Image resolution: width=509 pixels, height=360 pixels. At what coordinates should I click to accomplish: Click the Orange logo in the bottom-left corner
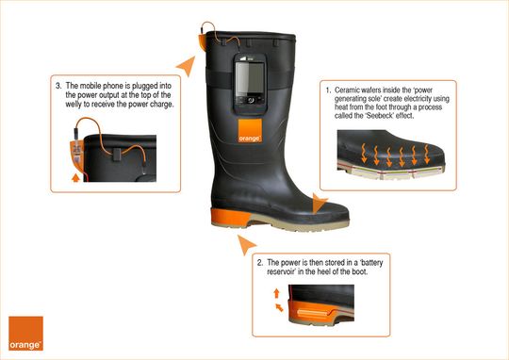[25, 334]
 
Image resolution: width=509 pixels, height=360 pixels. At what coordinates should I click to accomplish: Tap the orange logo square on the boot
[250, 130]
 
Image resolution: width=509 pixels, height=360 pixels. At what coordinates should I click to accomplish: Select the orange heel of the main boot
[230, 217]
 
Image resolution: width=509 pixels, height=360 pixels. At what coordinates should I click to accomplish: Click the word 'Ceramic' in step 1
[347, 90]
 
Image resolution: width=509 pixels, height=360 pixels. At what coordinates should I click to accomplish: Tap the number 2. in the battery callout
[260, 262]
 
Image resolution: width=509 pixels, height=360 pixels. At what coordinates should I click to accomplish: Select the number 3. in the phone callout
[58, 86]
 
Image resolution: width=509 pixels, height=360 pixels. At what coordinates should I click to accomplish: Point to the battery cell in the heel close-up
[313, 313]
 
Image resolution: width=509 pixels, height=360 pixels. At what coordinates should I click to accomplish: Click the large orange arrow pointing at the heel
[246, 244]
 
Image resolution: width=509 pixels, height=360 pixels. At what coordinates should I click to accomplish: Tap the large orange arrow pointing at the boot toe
[319, 204]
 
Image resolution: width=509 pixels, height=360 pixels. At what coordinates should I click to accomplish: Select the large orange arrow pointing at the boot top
[188, 65]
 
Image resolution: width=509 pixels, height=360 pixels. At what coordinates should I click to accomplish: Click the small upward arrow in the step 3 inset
[75, 177]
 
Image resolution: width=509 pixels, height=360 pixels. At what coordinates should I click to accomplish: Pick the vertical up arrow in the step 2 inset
[276, 293]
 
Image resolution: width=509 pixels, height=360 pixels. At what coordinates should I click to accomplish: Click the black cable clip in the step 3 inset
[116, 155]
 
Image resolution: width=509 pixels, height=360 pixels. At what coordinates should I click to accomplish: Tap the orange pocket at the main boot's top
[202, 41]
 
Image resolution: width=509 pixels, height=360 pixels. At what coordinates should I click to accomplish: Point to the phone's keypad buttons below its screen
[250, 100]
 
